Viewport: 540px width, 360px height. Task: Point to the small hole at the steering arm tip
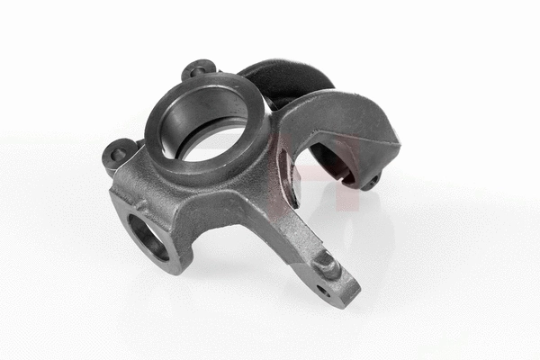(322, 291)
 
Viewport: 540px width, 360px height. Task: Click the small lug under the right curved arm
(370, 182)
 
